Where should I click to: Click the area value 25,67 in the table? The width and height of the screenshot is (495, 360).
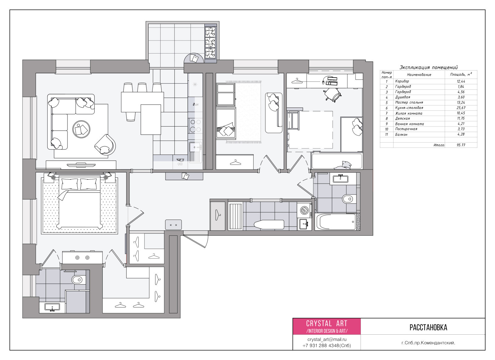point(461,108)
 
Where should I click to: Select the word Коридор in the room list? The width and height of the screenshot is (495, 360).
point(402,81)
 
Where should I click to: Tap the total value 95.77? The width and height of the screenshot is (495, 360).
point(461,145)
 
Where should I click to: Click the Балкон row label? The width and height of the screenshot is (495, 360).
point(401,135)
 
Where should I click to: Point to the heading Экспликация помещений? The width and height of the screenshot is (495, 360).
point(428,67)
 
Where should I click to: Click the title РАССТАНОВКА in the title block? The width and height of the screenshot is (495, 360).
point(428,328)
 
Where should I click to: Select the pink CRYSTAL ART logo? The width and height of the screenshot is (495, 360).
point(327,326)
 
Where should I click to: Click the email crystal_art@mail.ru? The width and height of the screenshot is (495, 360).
point(327,340)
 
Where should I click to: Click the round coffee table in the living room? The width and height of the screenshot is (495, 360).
point(81,129)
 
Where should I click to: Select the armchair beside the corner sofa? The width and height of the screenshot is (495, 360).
point(105,144)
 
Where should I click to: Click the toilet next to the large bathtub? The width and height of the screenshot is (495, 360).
point(349,199)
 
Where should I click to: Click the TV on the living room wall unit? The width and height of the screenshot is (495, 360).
point(81,165)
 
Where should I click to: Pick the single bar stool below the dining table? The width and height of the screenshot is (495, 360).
point(131,116)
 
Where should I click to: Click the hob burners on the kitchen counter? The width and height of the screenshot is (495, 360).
point(195,126)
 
